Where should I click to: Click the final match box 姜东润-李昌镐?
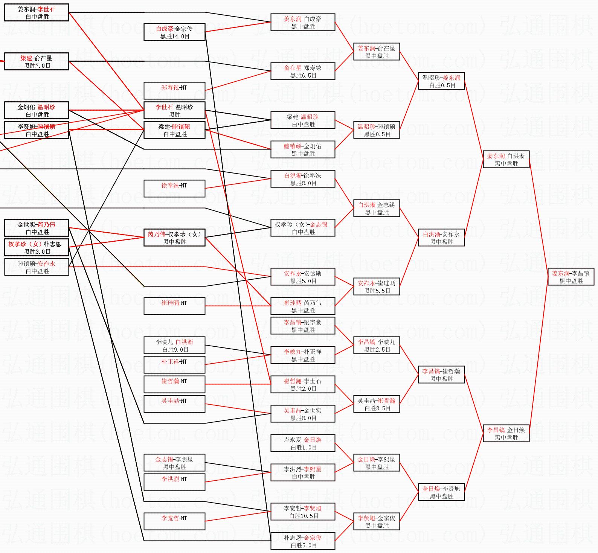(x=571, y=277)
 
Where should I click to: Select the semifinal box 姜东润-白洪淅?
(x=506, y=160)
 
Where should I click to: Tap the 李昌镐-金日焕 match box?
(x=506, y=434)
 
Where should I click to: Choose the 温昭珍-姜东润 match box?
(x=441, y=81)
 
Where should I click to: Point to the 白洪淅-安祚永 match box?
(x=441, y=238)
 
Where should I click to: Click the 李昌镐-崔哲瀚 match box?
(x=441, y=375)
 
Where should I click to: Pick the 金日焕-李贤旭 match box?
(x=441, y=492)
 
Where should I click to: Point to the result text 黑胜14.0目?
(x=175, y=37)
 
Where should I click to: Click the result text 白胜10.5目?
(x=304, y=516)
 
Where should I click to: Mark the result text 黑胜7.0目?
(x=37, y=66)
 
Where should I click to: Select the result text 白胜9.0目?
(x=175, y=350)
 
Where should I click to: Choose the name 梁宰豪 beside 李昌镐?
(x=312, y=322)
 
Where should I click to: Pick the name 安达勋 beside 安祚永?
(x=312, y=273)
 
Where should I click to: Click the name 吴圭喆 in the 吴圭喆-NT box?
(x=169, y=401)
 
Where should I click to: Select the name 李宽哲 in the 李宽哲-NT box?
(x=169, y=518)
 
